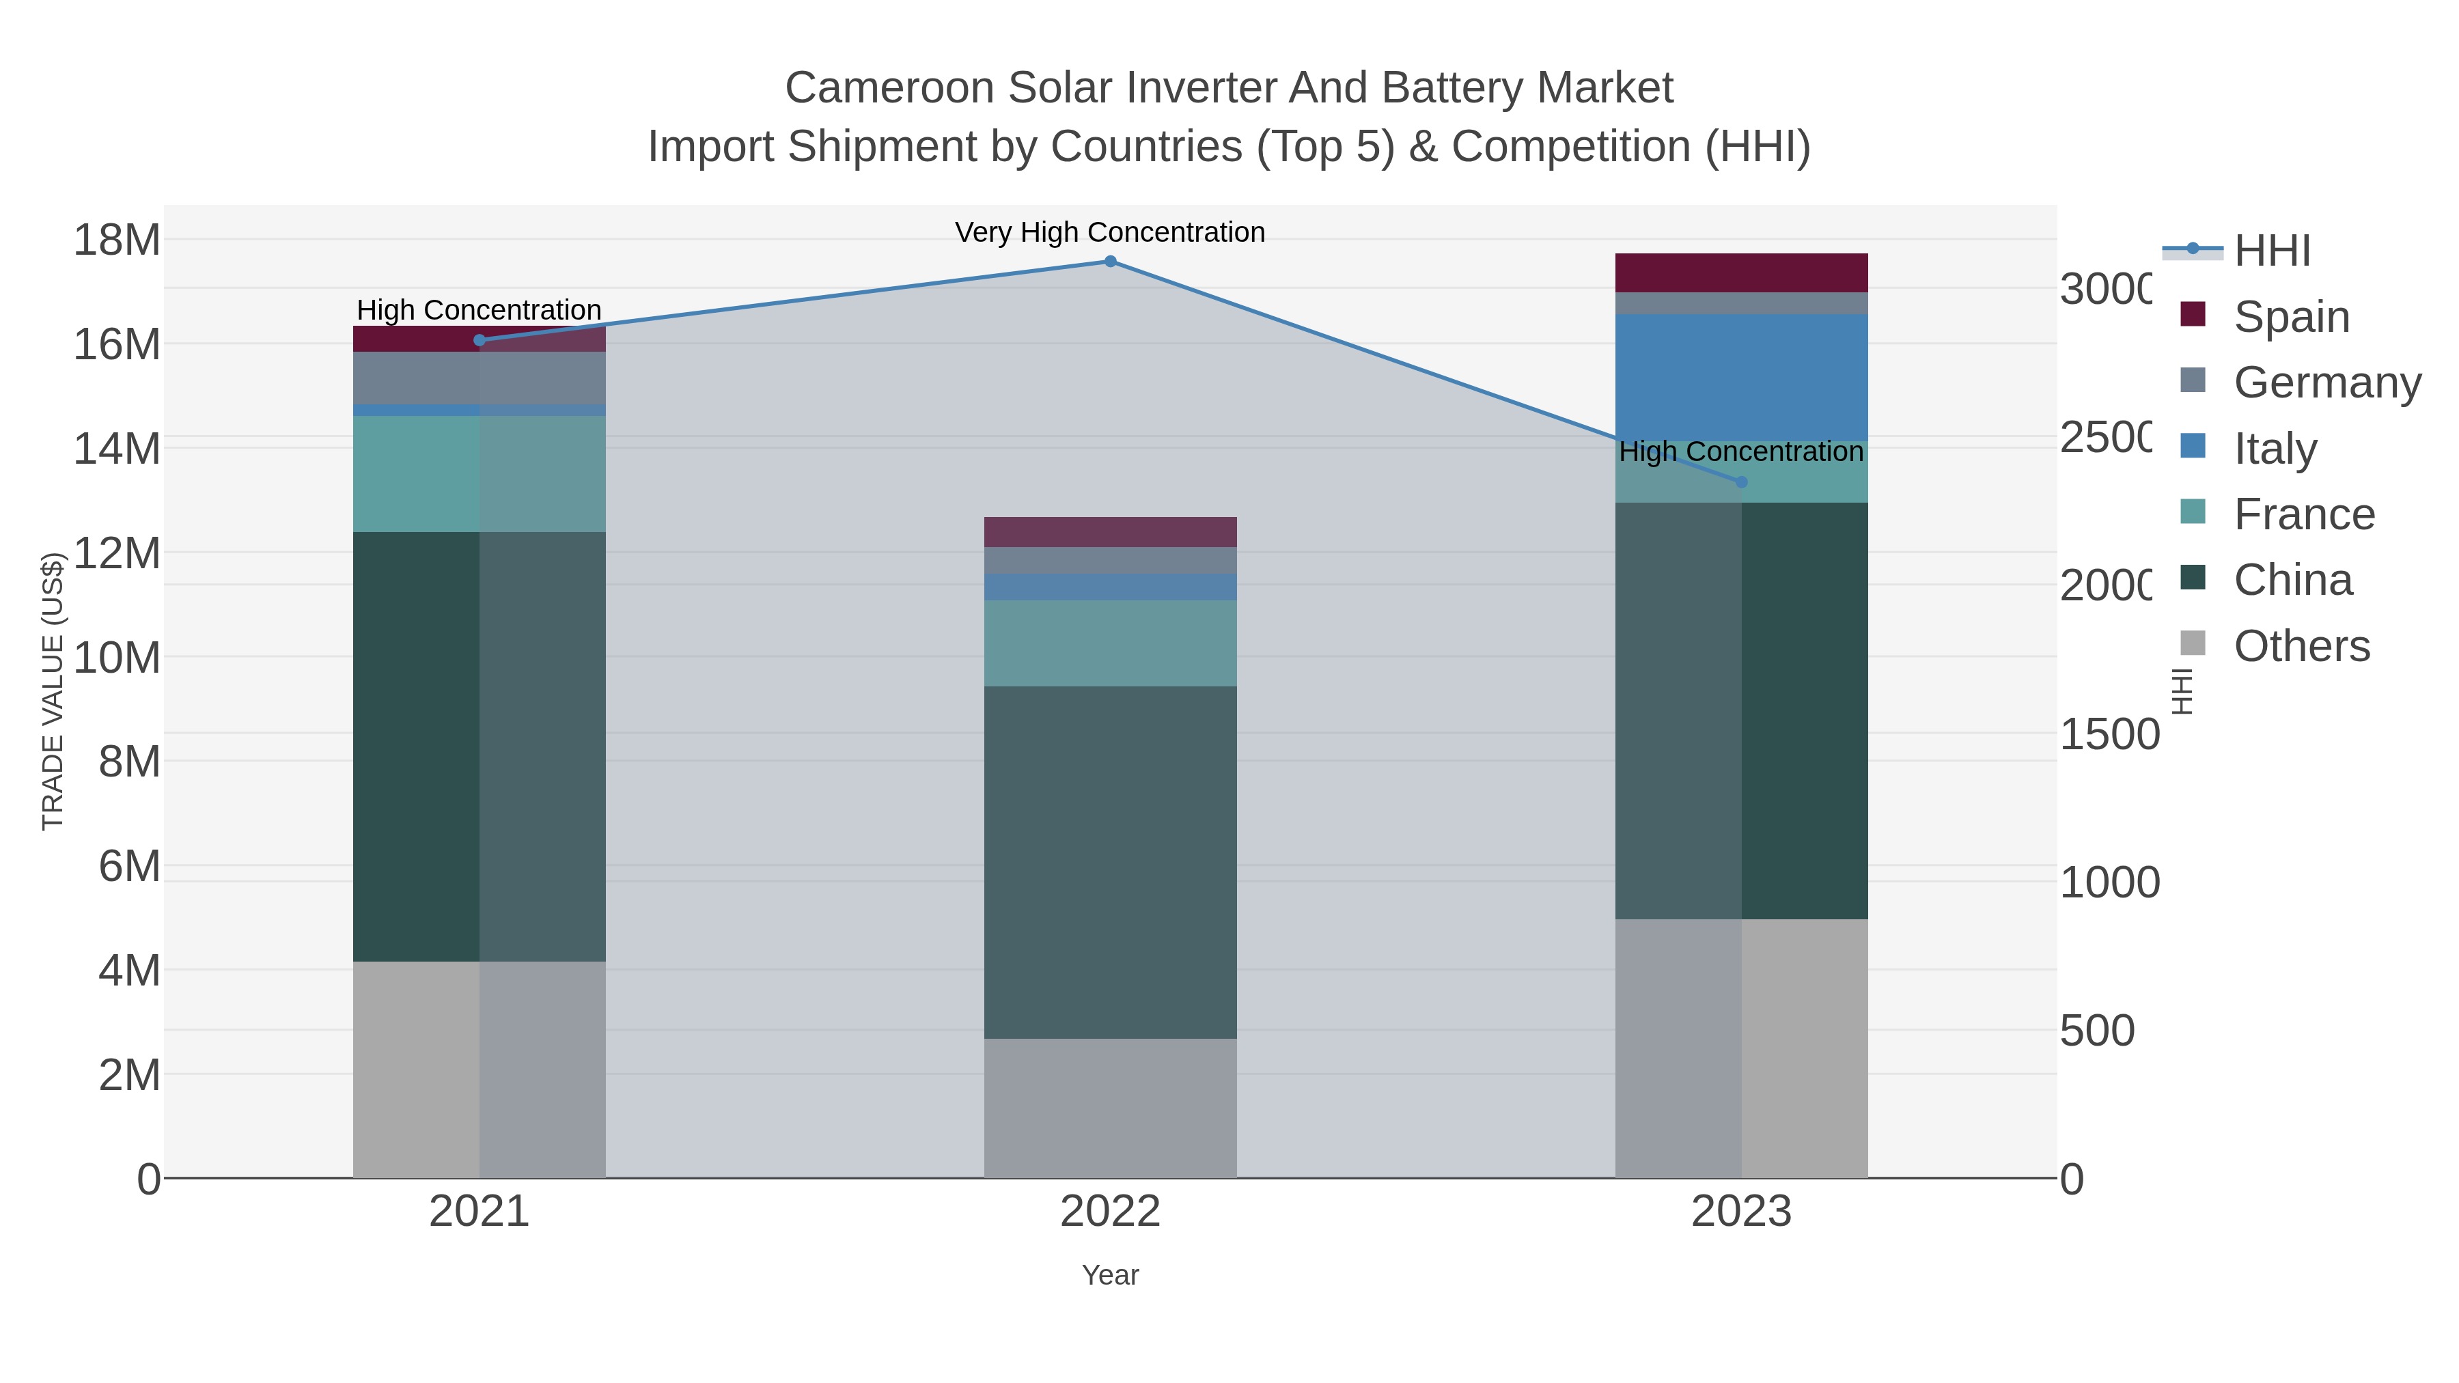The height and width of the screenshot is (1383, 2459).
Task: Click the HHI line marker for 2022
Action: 1110,262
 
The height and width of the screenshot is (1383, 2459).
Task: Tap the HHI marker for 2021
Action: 480,340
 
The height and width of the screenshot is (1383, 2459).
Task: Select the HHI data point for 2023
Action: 1741,482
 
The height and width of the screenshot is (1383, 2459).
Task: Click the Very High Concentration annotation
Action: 1109,232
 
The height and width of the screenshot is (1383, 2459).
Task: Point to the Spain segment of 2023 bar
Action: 1741,273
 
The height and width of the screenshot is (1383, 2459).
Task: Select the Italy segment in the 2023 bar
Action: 1741,377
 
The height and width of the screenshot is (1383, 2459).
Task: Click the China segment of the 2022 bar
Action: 1110,862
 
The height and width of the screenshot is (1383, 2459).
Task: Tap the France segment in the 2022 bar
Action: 1110,643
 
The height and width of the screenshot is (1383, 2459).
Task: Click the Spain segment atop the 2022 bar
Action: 1110,531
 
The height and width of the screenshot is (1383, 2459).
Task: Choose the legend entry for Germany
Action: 2326,382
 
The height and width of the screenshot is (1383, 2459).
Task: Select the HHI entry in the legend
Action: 2272,250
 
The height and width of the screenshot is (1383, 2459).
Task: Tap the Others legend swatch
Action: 2193,644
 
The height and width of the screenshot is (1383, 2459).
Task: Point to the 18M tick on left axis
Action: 116,240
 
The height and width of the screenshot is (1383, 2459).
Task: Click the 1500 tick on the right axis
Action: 2109,734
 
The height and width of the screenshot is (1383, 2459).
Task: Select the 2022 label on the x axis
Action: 1110,1211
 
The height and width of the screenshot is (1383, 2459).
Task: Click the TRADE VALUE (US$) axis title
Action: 53,691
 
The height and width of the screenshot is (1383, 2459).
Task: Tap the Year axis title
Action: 1110,1275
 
